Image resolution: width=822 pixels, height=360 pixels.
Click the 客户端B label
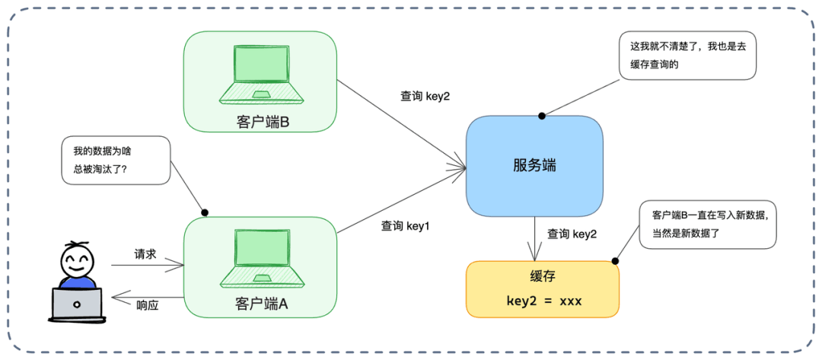click(260, 121)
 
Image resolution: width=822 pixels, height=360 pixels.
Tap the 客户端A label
click(260, 304)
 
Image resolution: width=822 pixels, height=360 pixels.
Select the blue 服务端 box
click(534, 166)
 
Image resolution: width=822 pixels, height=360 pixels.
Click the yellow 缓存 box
click(542, 288)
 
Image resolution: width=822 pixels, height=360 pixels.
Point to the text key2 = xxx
click(543, 301)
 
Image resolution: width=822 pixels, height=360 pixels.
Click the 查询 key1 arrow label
click(406, 226)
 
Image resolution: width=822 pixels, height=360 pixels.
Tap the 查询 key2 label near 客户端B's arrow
click(425, 97)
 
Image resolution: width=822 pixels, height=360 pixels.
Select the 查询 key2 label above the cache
click(572, 234)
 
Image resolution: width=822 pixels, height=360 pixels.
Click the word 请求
click(145, 254)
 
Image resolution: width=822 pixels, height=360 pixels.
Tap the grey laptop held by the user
click(76, 304)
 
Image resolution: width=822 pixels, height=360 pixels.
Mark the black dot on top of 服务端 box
click(542, 116)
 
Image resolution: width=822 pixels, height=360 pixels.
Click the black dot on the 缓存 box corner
click(614, 261)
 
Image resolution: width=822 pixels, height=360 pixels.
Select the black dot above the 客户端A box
click(204, 212)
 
